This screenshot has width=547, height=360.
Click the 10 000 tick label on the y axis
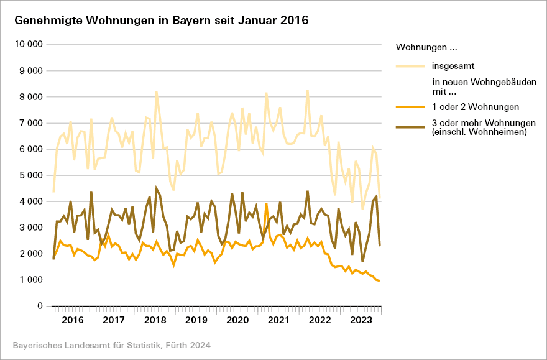[x=28, y=45]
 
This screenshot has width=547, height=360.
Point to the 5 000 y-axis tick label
[x=30, y=175]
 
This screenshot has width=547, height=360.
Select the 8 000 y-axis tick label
[x=30, y=97]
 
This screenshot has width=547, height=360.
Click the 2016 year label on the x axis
[x=73, y=320]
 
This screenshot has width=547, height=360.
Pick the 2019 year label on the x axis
[x=196, y=320]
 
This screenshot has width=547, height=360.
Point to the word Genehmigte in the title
[x=47, y=20]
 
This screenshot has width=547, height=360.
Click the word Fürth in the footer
[x=177, y=345]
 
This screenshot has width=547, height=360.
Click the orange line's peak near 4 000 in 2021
[x=267, y=203]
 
